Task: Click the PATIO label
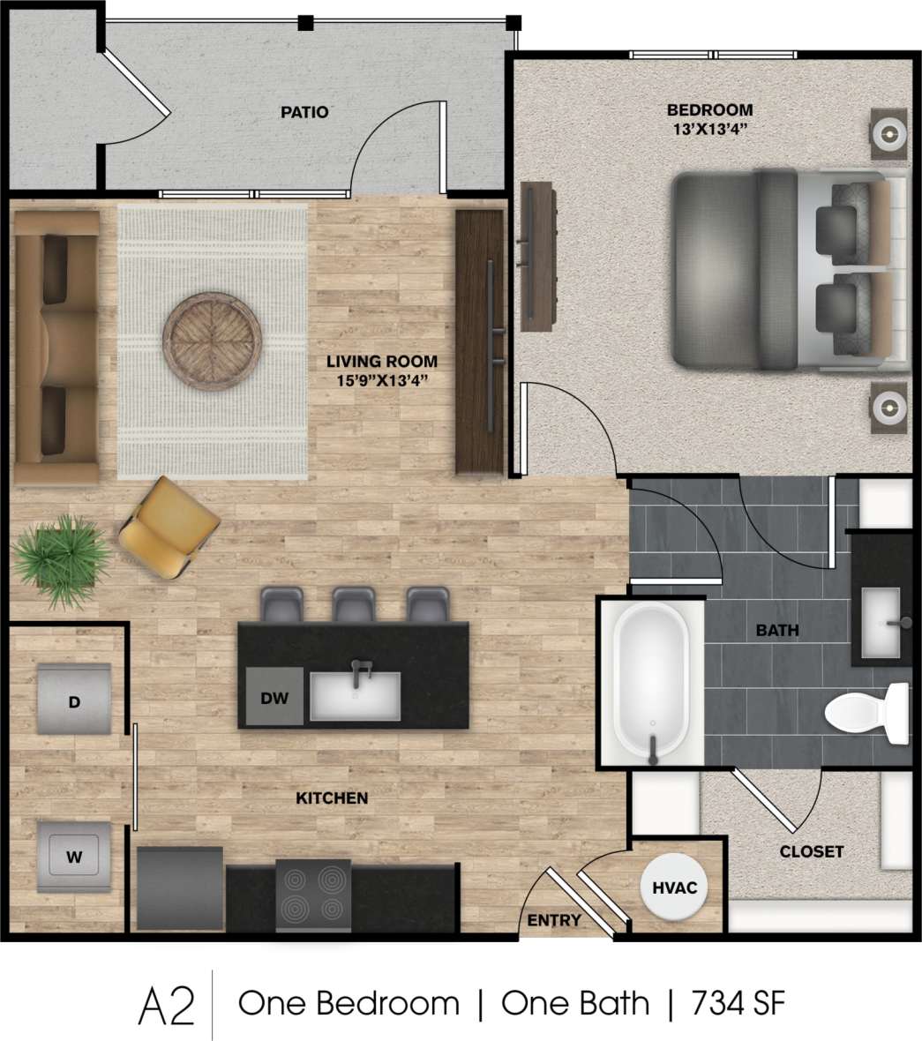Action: click(304, 112)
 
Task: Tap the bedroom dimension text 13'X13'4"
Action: click(710, 129)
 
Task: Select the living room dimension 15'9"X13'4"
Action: click(382, 380)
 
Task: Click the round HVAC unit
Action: click(674, 887)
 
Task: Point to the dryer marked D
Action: click(74, 700)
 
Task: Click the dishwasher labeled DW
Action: click(274, 697)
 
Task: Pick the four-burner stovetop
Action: click(313, 895)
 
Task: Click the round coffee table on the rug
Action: click(212, 339)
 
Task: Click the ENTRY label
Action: click(554, 920)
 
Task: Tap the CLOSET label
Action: click(811, 851)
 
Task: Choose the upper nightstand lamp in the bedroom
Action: click(889, 135)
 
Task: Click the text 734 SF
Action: click(738, 1003)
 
